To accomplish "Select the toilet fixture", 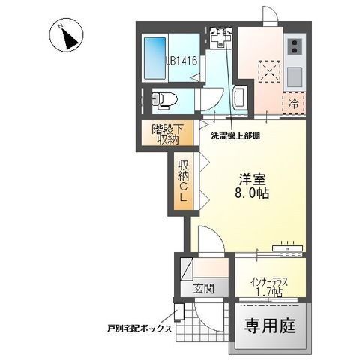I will [x=163, y=97].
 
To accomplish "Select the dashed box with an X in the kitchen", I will [x=267, y=73].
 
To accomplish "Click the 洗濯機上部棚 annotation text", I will [x=235, y=136].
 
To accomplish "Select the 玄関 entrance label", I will [x=203, y=288].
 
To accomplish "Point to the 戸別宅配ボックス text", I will [x=139, y=328].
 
